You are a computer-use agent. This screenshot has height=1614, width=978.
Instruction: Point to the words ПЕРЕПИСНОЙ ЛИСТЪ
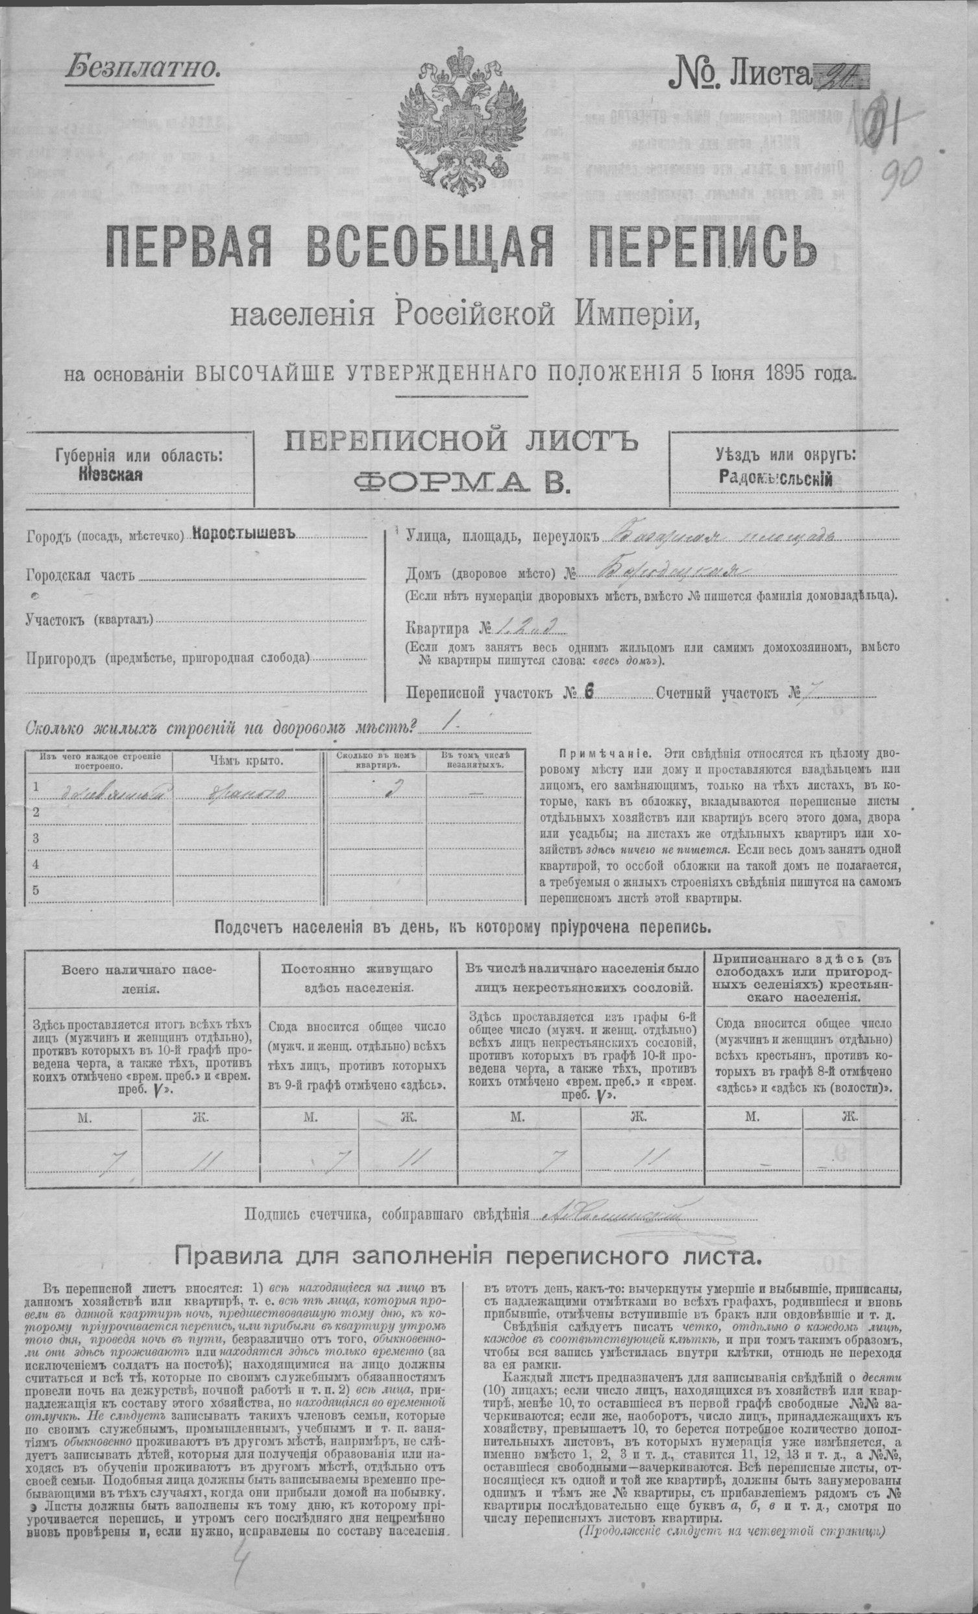(460, 443)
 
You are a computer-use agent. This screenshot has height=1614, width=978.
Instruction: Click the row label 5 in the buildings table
(36, 890)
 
